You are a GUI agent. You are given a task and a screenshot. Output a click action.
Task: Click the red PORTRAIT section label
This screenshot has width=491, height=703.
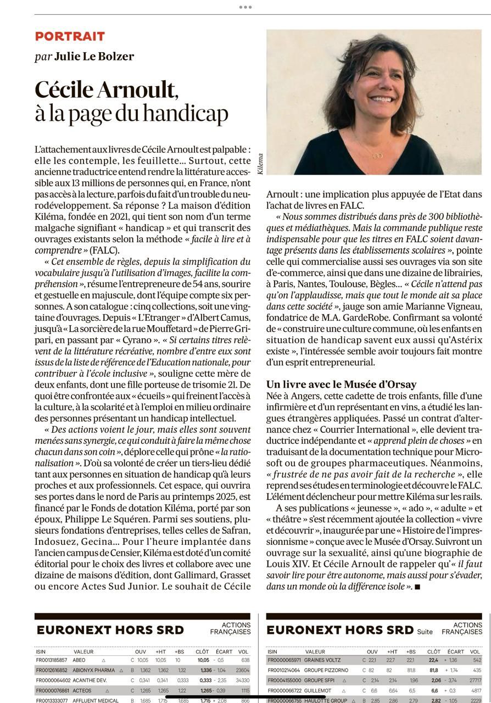click(x=70, y=36)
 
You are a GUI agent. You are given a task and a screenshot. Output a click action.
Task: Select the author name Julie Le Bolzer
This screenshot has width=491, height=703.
click(x=93, y=57)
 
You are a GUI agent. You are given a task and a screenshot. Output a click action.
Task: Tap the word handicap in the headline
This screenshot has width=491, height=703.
click(x=184, y=113)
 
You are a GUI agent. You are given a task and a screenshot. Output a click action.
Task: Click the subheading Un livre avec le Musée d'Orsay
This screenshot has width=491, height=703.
click(x=341, y=384)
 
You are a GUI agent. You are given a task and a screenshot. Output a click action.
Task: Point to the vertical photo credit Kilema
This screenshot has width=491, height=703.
click(x=260, y=164)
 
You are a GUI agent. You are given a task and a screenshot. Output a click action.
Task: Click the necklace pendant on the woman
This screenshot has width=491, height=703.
click(x=378, y=155)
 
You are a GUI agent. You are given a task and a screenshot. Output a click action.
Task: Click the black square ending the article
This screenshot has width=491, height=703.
click(x=417, y=587)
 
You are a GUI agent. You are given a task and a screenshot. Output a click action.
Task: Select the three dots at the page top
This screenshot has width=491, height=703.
click(x=245, y=7)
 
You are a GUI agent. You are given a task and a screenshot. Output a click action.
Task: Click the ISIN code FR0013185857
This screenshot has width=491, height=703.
click(x=52, y=660)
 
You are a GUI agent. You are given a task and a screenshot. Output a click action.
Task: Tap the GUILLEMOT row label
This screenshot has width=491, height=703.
click(x=320, y=691)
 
